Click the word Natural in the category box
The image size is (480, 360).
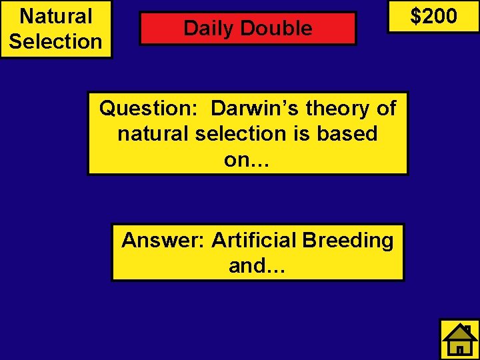pos(56,15)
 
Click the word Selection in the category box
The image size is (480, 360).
pos(56,41)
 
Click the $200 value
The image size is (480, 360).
pos(433,15)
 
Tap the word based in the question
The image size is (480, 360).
pos(347,133)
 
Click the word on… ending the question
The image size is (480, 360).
pos(247,159)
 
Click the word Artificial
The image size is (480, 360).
pos(254,240)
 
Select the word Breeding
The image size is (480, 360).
pos(348,240)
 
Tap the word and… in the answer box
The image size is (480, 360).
pos(257,265)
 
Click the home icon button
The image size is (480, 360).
pos(459,339)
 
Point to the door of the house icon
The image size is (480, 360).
pos(459,349)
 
